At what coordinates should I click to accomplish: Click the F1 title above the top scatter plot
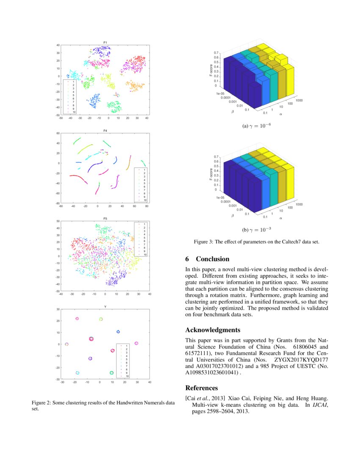pos(105,42)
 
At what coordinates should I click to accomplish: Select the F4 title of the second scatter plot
pos(105,130)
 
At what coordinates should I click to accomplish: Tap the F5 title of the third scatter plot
pos(105,219)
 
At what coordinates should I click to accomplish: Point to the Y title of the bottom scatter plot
pos(105,307)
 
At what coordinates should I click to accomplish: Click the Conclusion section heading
pos(208,259)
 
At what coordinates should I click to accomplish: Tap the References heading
pos(202,388)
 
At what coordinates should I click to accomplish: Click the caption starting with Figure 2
pos(103,406)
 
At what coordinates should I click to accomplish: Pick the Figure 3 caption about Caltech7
pos(256,242)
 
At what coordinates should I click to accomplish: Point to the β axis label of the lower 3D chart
pos(232,216)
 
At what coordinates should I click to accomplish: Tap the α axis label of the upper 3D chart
pos(280,114)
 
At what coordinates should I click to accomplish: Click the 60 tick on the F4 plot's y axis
pos(57,133)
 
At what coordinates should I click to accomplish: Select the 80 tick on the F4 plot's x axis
pos(147,207)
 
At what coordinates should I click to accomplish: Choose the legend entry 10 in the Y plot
pos(127,376)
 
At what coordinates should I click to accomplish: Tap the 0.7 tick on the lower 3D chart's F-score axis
pos(216,157)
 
